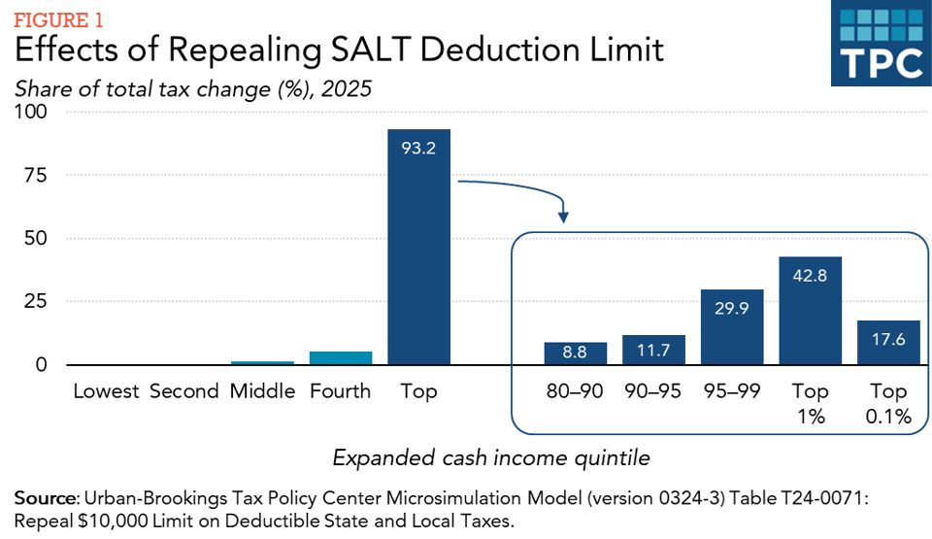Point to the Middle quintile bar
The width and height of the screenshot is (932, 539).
click(x=262, y=363)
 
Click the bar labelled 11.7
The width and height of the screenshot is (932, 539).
click(x=653, y=350)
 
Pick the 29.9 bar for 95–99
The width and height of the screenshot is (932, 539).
click(x=732, y=327)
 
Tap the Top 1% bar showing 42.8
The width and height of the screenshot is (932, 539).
click(x=810, y=311)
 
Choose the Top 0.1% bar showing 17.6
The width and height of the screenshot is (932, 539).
click(x=888, y=343)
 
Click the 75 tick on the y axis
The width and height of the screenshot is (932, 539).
click(x=37, y=176)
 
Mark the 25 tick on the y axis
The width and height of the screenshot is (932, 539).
click(x=37, y=302)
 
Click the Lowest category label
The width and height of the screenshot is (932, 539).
click(x=107, y=392)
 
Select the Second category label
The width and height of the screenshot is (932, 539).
click(x=184, y=392)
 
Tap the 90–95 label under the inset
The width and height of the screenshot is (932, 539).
click(x=653, y=392)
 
